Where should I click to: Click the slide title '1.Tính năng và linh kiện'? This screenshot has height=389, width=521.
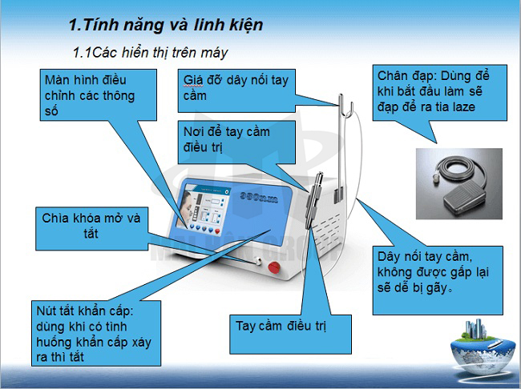166,25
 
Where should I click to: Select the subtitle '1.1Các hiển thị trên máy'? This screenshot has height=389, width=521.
150,53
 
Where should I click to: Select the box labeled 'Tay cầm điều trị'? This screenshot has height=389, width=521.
281,326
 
